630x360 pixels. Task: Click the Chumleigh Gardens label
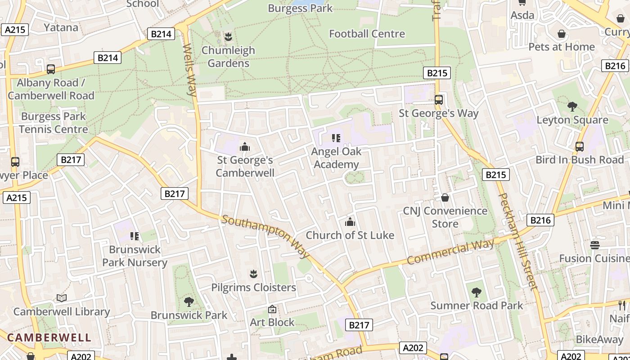pyautogui.click(x=228, y=57)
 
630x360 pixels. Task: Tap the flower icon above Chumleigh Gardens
pyautogui.click(x=228, y=36)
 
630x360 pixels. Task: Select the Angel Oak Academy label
pyautogui.click(x=336, y=158)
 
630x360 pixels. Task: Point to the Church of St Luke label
pyautogui.click(x=350, y=235)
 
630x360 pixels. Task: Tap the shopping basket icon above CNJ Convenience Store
pyautogui.click(x=445, y=198)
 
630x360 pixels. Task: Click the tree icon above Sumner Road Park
pyautogui.click(x=476, y=292)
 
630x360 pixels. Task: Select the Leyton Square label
pyautogui.click(x=572, y=120)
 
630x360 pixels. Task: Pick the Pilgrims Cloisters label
pyautogui.click(x=254, y=287)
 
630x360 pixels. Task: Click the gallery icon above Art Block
pyautogui.click(x=272, y=309)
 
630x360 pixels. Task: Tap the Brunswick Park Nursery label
pyautogui.click(x=135, y=256)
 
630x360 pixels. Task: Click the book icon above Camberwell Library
pyautogui.click(x=62, y=298)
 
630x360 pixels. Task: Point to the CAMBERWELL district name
pyautogui.click(x=49, y=337)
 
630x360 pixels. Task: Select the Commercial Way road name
pyautogui.click(x=450, y=252)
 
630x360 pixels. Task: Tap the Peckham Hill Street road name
pyautogui.click(x=518, y=241)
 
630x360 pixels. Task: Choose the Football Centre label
pyautogui.click(x=367, y=34)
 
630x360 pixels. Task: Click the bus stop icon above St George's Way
pyautogui.click(x=439, y=100)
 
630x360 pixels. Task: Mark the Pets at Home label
pyautogui.click(x=562, y=47)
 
